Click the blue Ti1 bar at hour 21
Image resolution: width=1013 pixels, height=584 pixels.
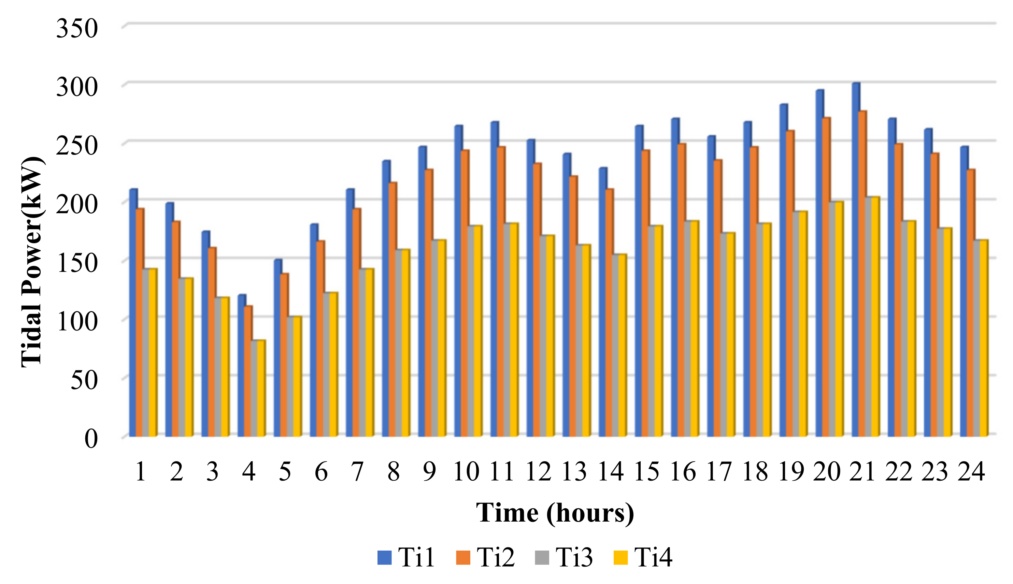(x=856, y=261)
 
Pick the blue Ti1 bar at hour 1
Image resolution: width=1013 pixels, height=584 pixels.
(x=133, y=313)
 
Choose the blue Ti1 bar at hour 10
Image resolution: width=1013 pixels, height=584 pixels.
(x=458, y=281)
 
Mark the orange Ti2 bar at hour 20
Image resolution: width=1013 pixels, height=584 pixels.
(x=826, y=277)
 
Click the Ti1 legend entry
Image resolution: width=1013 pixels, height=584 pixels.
(x=406, y=557)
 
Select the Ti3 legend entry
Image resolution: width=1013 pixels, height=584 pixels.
(x=564, y=557)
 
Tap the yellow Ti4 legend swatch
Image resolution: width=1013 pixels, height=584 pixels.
(x=620, y=557)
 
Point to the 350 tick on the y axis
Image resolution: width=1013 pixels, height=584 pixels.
(x=77, y=29)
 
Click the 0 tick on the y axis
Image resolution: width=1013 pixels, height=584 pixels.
(x=91, y=439)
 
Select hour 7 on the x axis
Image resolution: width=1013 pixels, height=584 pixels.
(x=357, y=472)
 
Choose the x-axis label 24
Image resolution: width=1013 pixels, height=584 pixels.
(x=971, y=472)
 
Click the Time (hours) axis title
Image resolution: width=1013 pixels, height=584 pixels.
(x=555, y=513)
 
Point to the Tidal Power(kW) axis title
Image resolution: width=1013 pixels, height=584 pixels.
(x=32, y=262)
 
